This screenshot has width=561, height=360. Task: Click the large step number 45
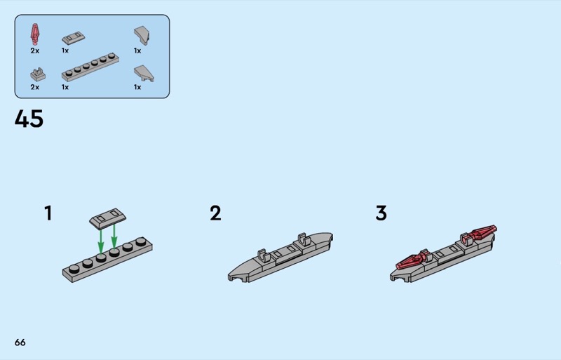pos(29,119)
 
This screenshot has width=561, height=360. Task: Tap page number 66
pos(20,342)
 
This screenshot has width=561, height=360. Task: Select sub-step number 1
pos(48,213)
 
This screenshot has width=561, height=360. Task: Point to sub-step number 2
pos(215,213)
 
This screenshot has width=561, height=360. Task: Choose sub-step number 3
pos(381,213)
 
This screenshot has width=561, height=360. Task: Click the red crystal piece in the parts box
pos(34,34)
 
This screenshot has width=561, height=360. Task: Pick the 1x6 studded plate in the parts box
pos(90,67)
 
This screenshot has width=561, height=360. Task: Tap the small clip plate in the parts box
pos(38,74)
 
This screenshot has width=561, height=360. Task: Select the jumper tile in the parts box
pos(74,38)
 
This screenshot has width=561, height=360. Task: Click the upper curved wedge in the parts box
pos(142,36)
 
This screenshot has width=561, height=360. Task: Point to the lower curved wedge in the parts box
pos(144,74)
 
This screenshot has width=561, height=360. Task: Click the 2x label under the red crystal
pos(34,51)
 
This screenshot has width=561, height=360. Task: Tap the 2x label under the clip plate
pos(34,87)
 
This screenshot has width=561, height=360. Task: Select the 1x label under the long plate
pos(65,87)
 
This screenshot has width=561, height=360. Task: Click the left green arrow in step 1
pos(101,241)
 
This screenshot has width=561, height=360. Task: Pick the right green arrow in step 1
pos(114,236)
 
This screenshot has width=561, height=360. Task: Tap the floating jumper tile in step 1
pos(108,217)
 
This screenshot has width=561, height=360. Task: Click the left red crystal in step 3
pos(412,261)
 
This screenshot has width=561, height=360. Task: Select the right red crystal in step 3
pos(480,234)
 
